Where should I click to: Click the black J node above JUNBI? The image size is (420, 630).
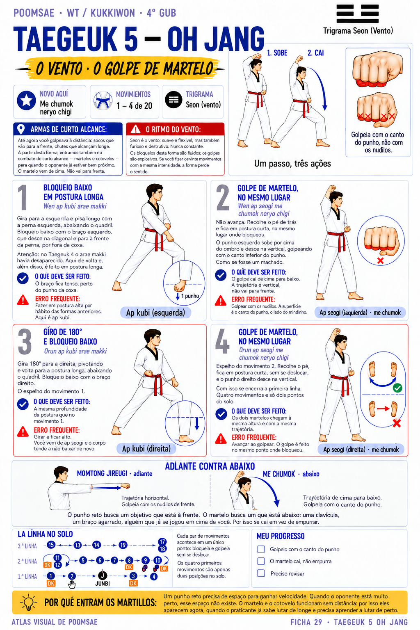[x=103, y=575]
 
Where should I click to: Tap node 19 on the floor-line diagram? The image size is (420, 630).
[x=123, y=545]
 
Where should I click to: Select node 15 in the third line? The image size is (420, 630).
[x=51, y=545]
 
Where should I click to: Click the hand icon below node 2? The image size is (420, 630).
[x=72, y=584]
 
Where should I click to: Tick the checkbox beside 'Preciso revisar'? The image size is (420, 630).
[x=261, y=573]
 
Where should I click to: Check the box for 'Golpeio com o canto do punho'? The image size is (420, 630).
[x=261, y=549]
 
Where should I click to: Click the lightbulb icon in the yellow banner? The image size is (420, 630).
[x=28, y=602]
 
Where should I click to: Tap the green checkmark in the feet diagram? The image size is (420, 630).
[x=397, y=388]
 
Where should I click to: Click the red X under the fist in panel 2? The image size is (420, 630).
[x=380, y=261]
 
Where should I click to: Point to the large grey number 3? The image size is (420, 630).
[x=25, y=341]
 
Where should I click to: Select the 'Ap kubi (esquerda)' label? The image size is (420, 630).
[x=155, y=313]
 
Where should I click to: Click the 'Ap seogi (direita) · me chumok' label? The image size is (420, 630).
[x=361, y=450]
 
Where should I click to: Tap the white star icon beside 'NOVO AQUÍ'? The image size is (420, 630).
[x=26, y=100]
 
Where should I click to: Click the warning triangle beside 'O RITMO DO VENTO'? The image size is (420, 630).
[x=136, y=129]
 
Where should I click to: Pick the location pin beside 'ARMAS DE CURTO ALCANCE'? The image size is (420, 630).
[x=21, y=129]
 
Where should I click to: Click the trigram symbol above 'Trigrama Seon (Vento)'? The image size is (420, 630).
[x=358, y=14]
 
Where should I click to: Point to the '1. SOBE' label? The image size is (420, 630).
[x=277, y=53]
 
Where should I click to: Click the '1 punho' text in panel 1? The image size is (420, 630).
[x=190, y=296]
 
